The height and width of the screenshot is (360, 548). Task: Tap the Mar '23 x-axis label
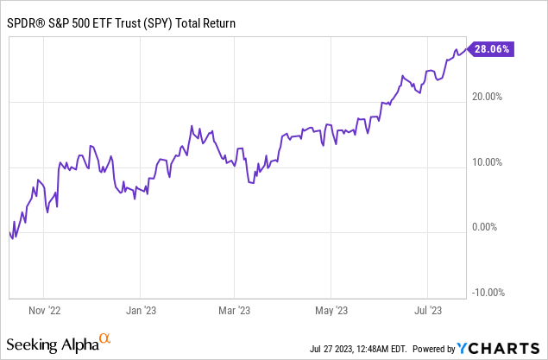coord(235,309)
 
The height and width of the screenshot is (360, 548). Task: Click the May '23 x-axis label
coord(331,309)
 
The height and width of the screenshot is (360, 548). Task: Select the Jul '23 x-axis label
coord(429,309)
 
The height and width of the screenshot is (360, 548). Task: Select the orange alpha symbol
coord(105,339)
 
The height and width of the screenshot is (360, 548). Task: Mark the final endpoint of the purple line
coord(467,50)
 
